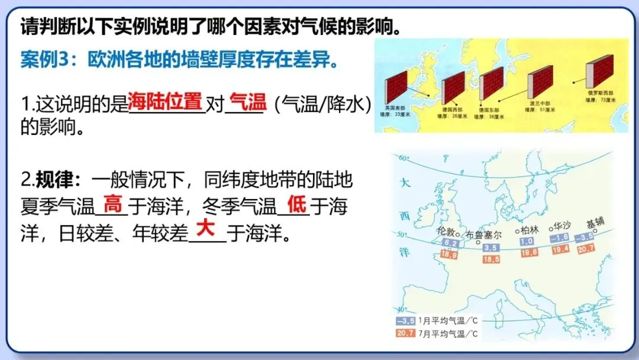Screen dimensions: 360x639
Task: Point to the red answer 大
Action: point(205,229)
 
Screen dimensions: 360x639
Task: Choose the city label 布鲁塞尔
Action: point(484,234)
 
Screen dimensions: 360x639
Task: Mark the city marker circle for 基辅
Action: point(595,231)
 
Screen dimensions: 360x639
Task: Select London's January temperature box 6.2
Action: point(450,243)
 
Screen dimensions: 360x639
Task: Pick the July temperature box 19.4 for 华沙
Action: point(559,250)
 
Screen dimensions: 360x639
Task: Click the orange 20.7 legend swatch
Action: point(405,333)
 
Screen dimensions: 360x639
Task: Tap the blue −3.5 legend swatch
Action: point(405,321)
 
